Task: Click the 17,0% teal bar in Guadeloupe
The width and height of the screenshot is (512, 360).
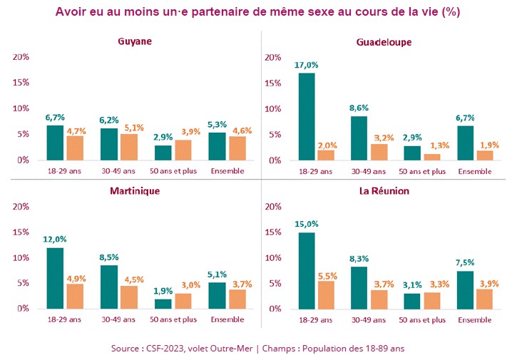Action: pos(306,117)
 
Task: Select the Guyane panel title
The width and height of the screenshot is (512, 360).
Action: pos(135,41)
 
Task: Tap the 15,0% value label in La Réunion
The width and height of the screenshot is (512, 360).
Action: pos(306,223)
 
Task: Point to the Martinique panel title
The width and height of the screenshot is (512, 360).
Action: pos(135,191)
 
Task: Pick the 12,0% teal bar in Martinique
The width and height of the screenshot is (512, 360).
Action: pos(55,278)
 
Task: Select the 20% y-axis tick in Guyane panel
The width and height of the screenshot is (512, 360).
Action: pos(21,57)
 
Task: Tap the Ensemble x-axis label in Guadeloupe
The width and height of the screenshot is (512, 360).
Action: pos(476,171)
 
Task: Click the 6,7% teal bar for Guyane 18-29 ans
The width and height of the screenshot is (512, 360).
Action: pos(55,143)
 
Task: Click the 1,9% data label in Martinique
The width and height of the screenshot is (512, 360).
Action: pos(163,290)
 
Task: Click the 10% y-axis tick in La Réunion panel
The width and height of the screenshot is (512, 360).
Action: pos(272,258)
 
